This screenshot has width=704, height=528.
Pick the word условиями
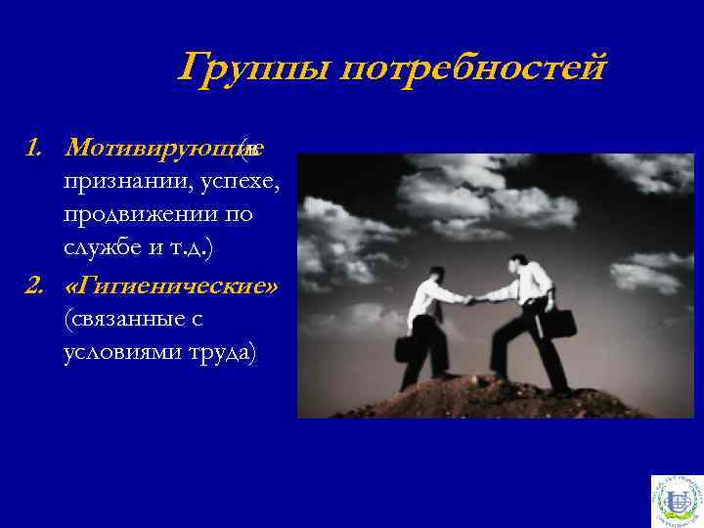[x=122, y=352]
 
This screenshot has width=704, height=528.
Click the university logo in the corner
[x=675, y=499]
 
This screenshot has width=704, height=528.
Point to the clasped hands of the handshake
[x=472, y=300]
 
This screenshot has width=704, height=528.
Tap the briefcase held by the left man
[x=403, y=349]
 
